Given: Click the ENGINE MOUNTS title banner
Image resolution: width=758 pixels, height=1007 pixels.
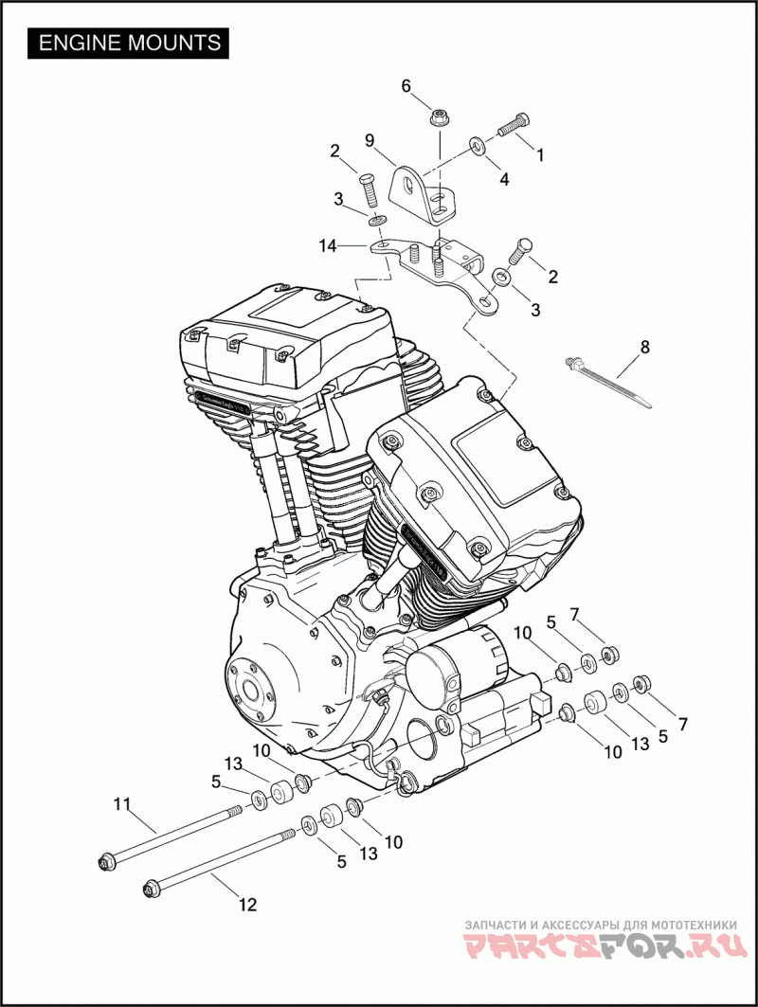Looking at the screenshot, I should (x=129, y=43).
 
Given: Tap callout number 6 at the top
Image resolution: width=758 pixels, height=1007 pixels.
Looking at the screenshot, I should (x=406, y=86).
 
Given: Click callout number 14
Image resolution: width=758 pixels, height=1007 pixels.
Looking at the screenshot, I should (x=328, y=246).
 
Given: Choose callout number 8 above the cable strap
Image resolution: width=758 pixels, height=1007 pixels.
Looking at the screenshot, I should (x=645, y=347).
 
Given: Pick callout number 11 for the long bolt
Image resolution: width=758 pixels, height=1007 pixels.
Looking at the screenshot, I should (x=120, y=804).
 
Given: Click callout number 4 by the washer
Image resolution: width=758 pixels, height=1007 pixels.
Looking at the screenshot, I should (x=504, y=178).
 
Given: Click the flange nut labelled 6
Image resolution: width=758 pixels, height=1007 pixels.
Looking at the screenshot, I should (x=439, y=118).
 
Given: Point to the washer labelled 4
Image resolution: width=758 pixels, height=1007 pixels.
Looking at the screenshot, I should (x=478, y=146).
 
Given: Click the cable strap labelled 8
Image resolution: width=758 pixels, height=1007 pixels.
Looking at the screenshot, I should (x=611, y=383).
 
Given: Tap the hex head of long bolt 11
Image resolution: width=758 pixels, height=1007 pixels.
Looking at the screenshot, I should (x=105, y=862).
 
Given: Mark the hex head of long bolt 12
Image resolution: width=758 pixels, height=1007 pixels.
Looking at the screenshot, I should (x=150, y=889).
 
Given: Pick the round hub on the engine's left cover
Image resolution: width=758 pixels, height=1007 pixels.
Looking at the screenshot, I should (x=250, y=689).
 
